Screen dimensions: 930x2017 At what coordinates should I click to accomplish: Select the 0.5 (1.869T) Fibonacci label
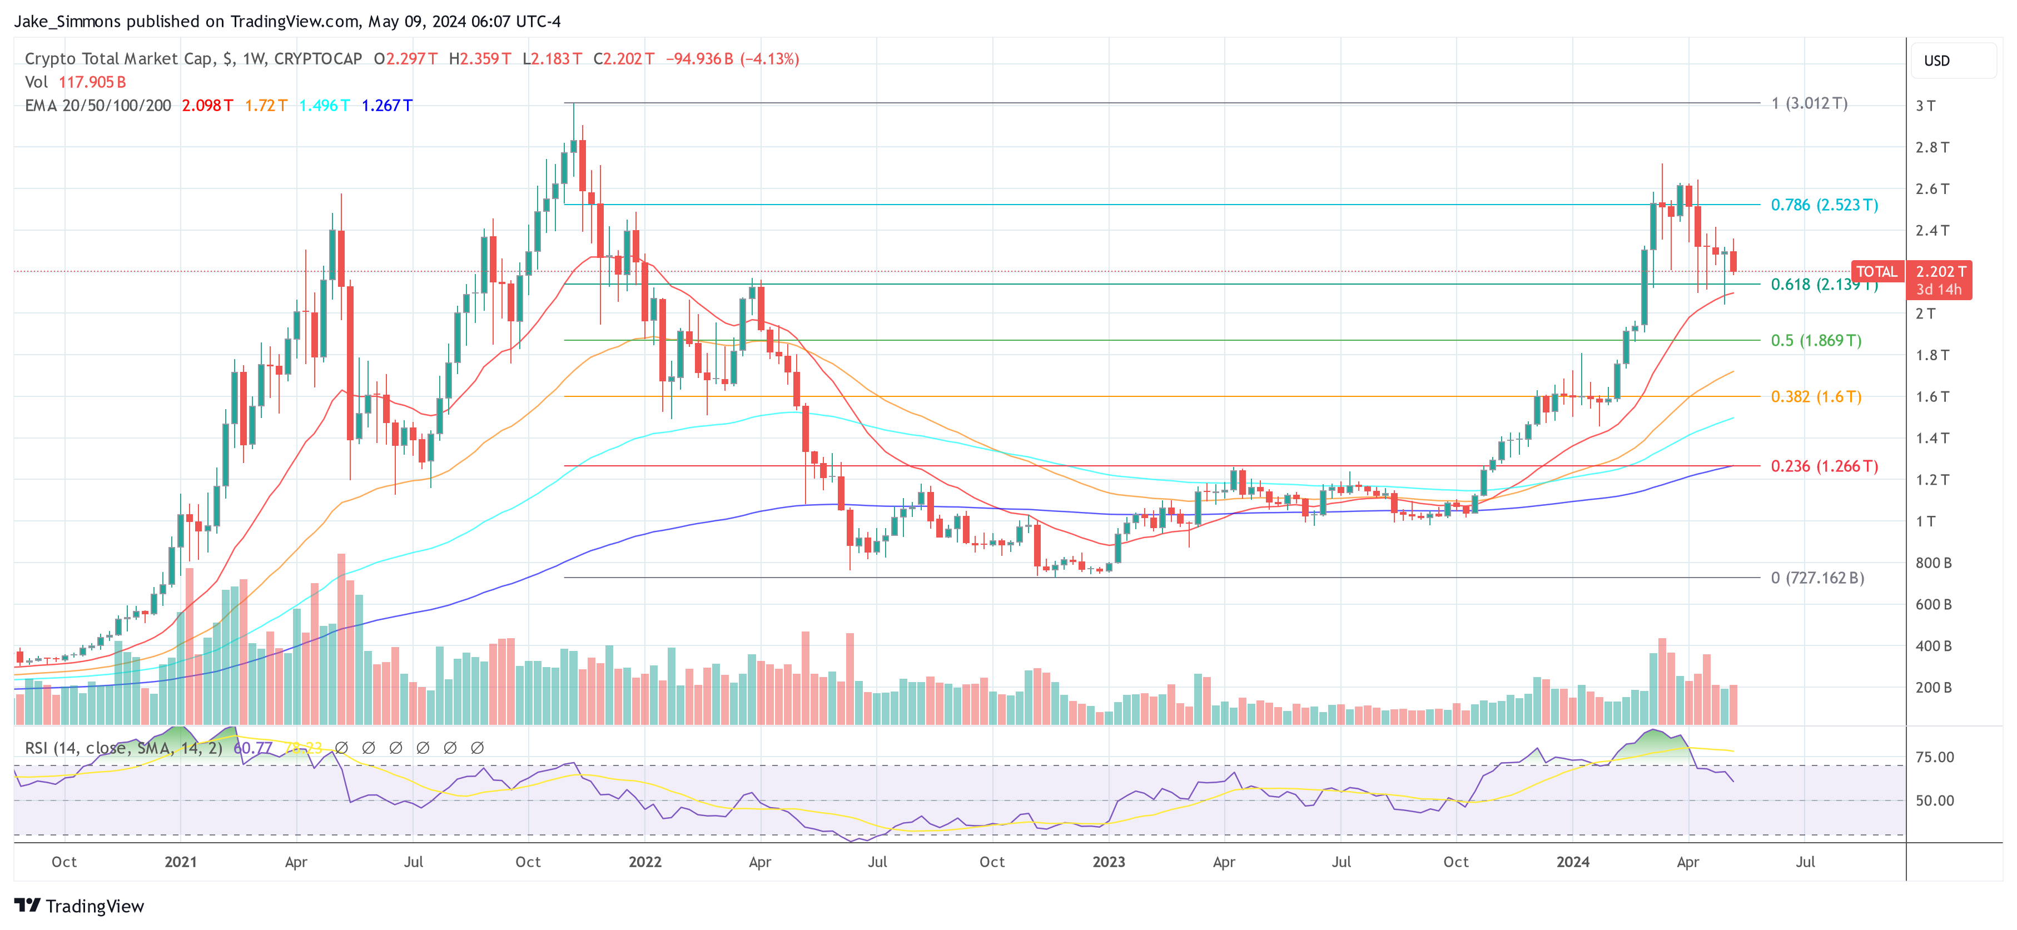pyautogui.click(x=1816, y=341)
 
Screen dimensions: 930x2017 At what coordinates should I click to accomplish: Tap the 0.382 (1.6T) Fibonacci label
pyautogui.click(x=1816, y=397)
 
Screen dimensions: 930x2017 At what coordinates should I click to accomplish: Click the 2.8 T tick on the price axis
pyautogui.click(x=1931, y=147)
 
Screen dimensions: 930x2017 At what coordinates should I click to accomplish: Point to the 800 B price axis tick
pyautogui.click(x=1933, y=563)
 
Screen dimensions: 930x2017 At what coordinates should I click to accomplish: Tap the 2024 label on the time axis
pyautogui.click(x=1572, y=862)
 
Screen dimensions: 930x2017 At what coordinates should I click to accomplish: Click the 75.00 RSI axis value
pyautogui.click(x=1934, y=757)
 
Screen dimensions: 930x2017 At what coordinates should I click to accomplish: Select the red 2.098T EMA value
pyautogui.click(x=207, y=106)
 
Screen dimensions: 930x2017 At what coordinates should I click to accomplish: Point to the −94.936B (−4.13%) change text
pyautogui.click(x=732, y=59)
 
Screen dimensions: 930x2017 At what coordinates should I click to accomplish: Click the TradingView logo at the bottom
pyautogui.click(x=79, y=906)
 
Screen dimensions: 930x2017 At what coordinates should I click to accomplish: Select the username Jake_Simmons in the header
pyautogui.click(x=67, y=21)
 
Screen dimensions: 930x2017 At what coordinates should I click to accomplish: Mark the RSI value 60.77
pyautogui.click(x=252, y=748)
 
